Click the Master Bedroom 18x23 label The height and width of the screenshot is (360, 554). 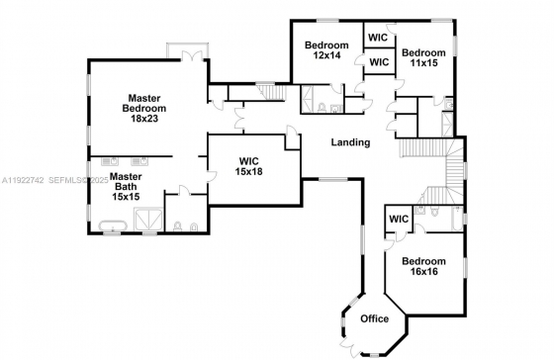144,108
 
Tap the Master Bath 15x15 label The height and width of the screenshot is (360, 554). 126,186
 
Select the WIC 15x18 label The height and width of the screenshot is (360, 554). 249,166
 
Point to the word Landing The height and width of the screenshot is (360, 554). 350,142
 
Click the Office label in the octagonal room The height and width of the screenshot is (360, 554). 375,318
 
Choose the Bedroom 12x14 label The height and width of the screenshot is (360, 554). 326,49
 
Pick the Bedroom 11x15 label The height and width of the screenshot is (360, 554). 423,57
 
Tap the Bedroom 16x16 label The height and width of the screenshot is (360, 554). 423,266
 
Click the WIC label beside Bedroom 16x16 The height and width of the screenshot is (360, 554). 399,219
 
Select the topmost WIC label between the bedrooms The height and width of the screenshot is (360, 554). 378,38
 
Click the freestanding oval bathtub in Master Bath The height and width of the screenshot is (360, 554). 113,225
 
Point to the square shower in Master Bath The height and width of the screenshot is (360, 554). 148,220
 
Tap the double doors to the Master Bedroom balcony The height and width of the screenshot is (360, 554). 192,55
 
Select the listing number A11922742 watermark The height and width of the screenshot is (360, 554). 23,181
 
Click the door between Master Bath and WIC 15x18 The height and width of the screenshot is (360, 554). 211,177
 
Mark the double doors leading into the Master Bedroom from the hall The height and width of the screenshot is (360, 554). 239,118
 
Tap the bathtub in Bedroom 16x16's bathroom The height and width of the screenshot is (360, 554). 456,219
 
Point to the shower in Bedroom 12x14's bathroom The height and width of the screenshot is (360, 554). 307,99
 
